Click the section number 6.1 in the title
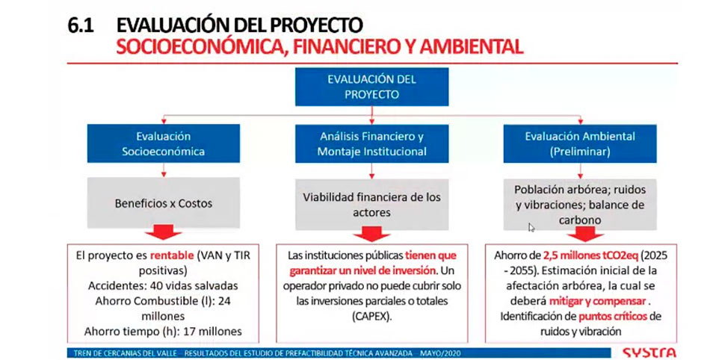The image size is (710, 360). [x=81, y=25]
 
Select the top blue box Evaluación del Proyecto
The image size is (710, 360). [x=371, y=87]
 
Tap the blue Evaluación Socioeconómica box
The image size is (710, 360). [x=164, y=143]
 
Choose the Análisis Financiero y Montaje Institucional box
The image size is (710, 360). [x=371, y=143]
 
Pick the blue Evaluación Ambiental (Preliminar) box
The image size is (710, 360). [x=580, y=143]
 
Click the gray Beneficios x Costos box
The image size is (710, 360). [x=164, y=202]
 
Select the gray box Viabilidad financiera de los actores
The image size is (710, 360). [x=371, y=205]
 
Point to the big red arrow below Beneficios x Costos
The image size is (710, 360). [x=164, y=232]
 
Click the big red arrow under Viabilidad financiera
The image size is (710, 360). [x=371, y=234]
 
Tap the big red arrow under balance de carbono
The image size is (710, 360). [x=585, y=234]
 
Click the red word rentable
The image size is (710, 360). [x=172, y=255]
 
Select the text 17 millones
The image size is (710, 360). [x=212, y=332]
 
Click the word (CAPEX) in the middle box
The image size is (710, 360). [x=371, y=316]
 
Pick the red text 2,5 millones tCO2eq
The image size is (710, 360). [x=591, y=255]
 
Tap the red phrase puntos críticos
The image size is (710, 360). [x=613, y=316]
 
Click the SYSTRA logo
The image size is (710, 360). [x=649, y=353]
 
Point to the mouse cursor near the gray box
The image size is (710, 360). [x=531, y=227]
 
